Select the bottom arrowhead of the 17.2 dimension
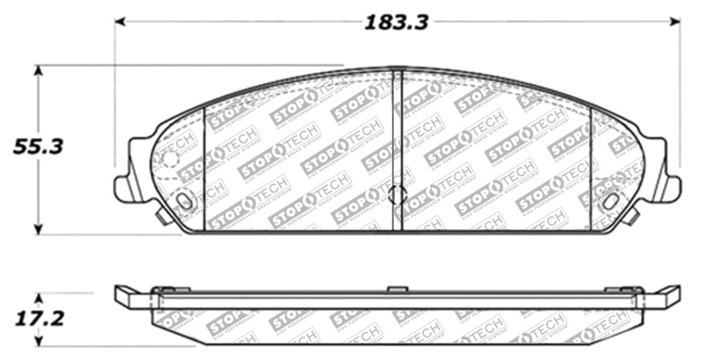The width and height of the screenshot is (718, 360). (x=37, y=341)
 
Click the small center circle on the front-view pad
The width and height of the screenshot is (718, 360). (x=398, y=194)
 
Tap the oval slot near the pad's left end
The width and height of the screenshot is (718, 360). (x=185, y=201)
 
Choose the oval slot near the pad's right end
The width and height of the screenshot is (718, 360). (x=609, y=201)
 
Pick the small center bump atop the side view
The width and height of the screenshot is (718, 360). (x=398, y=289)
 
